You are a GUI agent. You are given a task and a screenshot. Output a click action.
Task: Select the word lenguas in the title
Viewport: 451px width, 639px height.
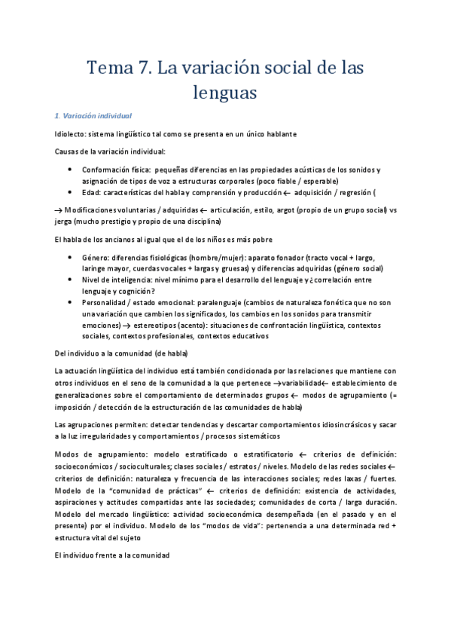pyautogui.click(x=225, y=93)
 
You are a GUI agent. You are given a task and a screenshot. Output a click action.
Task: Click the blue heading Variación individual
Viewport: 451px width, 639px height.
pyautogui.click(x=96, y=116)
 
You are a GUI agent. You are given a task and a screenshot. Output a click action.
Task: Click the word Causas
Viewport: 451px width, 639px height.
pyautogui.click(x=69, y=151)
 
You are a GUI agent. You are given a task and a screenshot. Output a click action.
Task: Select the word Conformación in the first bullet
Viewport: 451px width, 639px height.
pyautogui.click(x=105, y=170)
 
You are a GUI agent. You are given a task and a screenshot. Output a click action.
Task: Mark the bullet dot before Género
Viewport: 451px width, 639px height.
pyautogui.click(x=70, y=257)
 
